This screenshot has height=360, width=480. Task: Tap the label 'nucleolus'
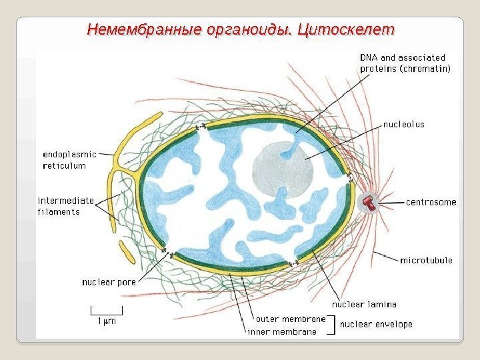403,124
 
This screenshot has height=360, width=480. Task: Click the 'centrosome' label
431,202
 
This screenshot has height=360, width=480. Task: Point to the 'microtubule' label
426,260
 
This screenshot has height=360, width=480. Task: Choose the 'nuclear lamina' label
364,304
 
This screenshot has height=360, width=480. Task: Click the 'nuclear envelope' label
376,325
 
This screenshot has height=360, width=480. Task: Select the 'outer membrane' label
291,319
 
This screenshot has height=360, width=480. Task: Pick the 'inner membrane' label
282,331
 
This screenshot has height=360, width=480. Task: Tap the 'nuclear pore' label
109,282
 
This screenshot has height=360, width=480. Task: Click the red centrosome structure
367,202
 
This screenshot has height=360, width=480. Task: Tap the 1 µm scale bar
107,311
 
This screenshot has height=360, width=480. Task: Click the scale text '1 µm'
107,321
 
